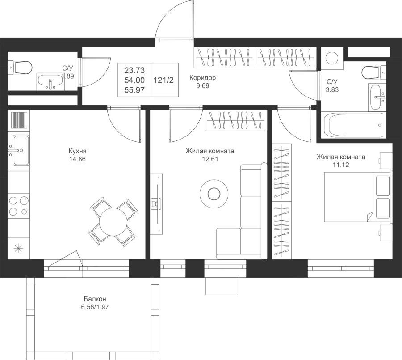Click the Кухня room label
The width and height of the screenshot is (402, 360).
point(77,151)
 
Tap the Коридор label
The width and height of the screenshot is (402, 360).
point(202,77)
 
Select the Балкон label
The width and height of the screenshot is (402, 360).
point(95,299)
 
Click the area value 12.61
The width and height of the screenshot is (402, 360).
point(210,159)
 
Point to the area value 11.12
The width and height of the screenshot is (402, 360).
point(341,165)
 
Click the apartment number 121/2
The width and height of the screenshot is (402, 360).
point(163,80)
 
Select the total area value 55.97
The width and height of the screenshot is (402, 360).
point(134,90)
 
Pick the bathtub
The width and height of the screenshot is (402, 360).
point(354,125)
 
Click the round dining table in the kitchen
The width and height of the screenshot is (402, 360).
point(113,222)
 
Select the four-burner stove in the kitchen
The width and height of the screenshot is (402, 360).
point(18,206)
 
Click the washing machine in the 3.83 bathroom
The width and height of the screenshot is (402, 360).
point(332,58)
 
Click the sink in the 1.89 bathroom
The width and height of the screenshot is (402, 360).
point(50,81)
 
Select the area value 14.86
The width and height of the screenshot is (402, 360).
point(77,159)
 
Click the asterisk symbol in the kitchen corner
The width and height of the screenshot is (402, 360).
point(18,248)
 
